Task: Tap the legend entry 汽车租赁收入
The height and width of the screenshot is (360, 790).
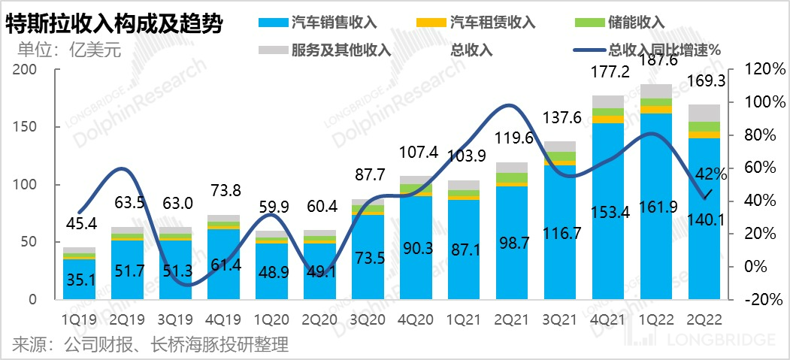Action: (493, 21)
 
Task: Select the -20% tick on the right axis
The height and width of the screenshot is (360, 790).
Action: (761, 299)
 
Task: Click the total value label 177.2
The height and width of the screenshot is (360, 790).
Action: (608, 72)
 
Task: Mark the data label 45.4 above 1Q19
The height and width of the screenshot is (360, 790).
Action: (80, 222)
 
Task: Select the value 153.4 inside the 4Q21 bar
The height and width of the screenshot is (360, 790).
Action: (608, 213)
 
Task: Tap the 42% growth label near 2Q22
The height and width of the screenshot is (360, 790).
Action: (710, 174)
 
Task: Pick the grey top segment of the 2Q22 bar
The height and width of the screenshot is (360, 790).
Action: (706, 113)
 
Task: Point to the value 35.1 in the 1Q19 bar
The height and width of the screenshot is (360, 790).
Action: (79, 279)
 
